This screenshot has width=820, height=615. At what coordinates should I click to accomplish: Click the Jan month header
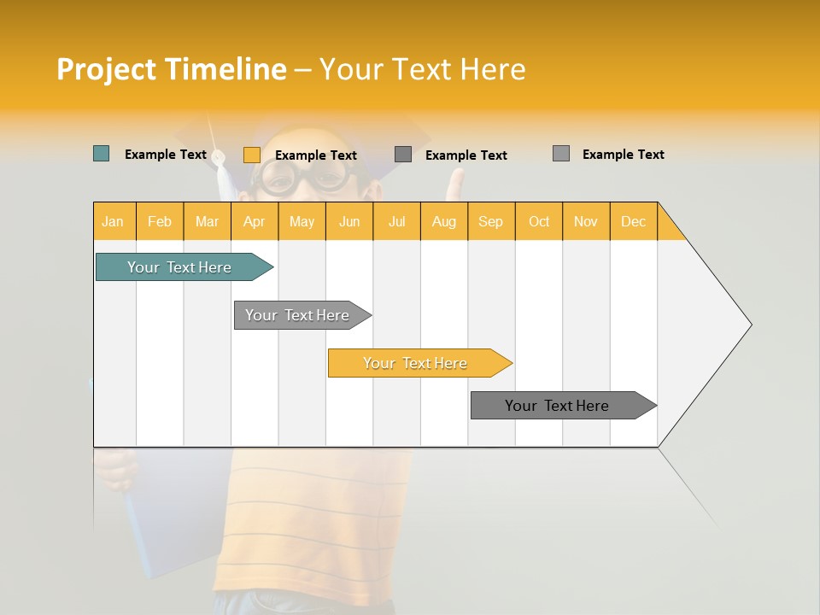tap(113, 221)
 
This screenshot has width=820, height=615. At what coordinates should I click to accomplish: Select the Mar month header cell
tap(207, 221)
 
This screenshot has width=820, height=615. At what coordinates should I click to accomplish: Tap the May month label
tap(302, 221)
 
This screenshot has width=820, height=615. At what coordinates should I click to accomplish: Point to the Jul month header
tap(396, 221)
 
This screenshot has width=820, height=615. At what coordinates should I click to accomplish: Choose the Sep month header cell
tap(490, 221)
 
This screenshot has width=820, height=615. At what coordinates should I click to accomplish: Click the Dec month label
tap(633, 221)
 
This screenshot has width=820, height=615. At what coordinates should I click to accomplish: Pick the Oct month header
tap(539, 221)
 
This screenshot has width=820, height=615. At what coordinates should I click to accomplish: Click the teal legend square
tap(101, 154)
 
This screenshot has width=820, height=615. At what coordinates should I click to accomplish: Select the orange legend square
tap(251, 155)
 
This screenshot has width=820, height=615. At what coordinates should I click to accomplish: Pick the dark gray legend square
tap(403, 155)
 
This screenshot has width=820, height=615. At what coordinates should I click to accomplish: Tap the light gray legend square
tap(560, 154)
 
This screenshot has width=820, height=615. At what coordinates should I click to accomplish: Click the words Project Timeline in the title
tap(171, 69)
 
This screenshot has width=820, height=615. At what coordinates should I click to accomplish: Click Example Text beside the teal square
tap(166, 155)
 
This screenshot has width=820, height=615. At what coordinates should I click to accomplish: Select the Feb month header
tap(160, 221)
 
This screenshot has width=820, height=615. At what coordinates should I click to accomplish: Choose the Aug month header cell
tap(443, 221)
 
